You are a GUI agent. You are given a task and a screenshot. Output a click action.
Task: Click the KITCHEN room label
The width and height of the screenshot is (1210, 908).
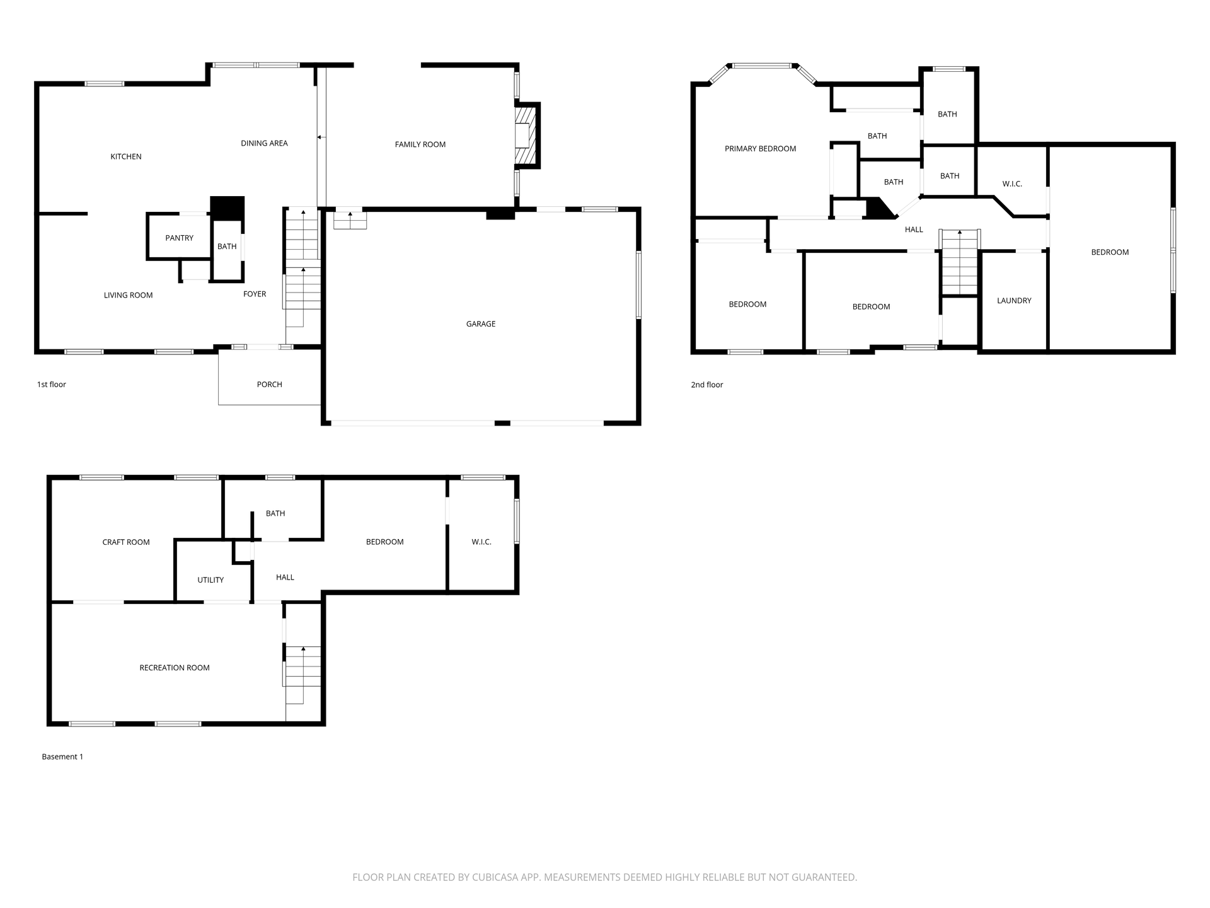tap(126, 156)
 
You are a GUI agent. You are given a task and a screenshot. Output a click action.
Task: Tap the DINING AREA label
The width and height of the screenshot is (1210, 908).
tap(264, 143)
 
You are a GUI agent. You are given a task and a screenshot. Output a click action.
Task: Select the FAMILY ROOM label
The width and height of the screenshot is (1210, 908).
tap(420, 144)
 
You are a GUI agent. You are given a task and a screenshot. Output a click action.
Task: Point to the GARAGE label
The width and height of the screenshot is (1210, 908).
tap(481, 323)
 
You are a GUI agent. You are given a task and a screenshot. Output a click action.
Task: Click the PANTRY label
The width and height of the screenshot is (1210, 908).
tap(180, 238)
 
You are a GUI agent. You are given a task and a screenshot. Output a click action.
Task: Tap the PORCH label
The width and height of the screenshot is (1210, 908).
tap(270, 384)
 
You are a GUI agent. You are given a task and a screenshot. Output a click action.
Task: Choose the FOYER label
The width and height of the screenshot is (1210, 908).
tap(255, 294)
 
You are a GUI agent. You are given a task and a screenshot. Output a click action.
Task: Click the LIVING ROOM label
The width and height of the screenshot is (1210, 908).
tap(129, 295)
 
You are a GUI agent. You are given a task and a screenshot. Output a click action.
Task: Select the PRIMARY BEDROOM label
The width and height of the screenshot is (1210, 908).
tap(761, 149)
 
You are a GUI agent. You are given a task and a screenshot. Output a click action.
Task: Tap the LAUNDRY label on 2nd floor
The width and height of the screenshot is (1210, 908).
tap(1014, 301)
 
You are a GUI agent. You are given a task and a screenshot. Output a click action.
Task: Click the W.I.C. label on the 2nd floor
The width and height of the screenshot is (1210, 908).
tap(1012, 184)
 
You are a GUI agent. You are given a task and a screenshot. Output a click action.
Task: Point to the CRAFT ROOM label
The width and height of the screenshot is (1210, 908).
tap(126, 542)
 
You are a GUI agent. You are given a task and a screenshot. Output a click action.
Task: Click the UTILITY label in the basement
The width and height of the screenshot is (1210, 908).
tap(210, 580)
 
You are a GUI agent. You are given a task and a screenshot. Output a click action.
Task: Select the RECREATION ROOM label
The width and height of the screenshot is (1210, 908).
tap(175, 668)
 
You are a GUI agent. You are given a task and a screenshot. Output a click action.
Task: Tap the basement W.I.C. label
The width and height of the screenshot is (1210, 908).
tap(481, 542)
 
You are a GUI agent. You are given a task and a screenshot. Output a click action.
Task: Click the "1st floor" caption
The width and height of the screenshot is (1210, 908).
tap(52, 385)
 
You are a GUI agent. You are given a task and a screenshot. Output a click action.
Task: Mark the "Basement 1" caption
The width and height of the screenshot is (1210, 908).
tap(62, 757)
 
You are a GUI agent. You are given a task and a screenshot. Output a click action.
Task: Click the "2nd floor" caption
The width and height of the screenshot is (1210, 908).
tap(707, 385)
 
